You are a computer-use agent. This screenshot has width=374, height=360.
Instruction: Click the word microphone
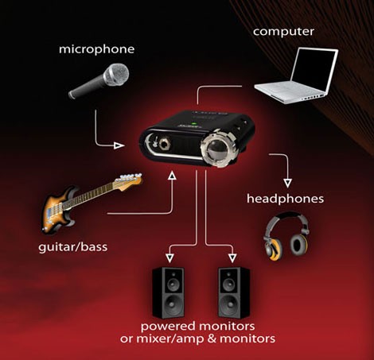[x=96, y=50]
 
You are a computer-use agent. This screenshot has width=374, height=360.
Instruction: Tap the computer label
[x=283, y=32]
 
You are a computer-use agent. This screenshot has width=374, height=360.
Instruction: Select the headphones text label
[x=285, y=199]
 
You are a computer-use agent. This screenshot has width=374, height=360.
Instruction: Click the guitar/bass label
[x=73, y=247]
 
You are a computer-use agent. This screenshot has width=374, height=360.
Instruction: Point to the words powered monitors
[x=197, y=327]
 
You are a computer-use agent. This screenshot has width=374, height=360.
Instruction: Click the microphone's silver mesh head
[x=117, y=75]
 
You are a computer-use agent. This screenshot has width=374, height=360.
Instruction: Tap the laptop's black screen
[x=314, y=69]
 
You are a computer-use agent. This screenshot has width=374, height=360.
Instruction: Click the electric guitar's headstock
[x=129, y=181]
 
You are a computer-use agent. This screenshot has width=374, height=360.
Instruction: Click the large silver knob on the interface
[x=218, y=148]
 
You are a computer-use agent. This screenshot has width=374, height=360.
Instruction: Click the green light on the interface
[x=195, y=123]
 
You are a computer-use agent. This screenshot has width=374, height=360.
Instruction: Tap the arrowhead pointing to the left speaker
[x=169, y=257]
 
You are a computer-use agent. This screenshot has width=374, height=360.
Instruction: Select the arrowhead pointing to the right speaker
[x=232, y=257]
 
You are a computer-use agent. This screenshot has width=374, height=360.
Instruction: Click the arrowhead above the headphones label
[x=288, y=183]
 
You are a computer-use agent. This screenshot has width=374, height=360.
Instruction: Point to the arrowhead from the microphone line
[x=119, y=145]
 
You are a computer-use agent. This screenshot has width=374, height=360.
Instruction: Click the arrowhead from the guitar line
[x=173, y=175]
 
